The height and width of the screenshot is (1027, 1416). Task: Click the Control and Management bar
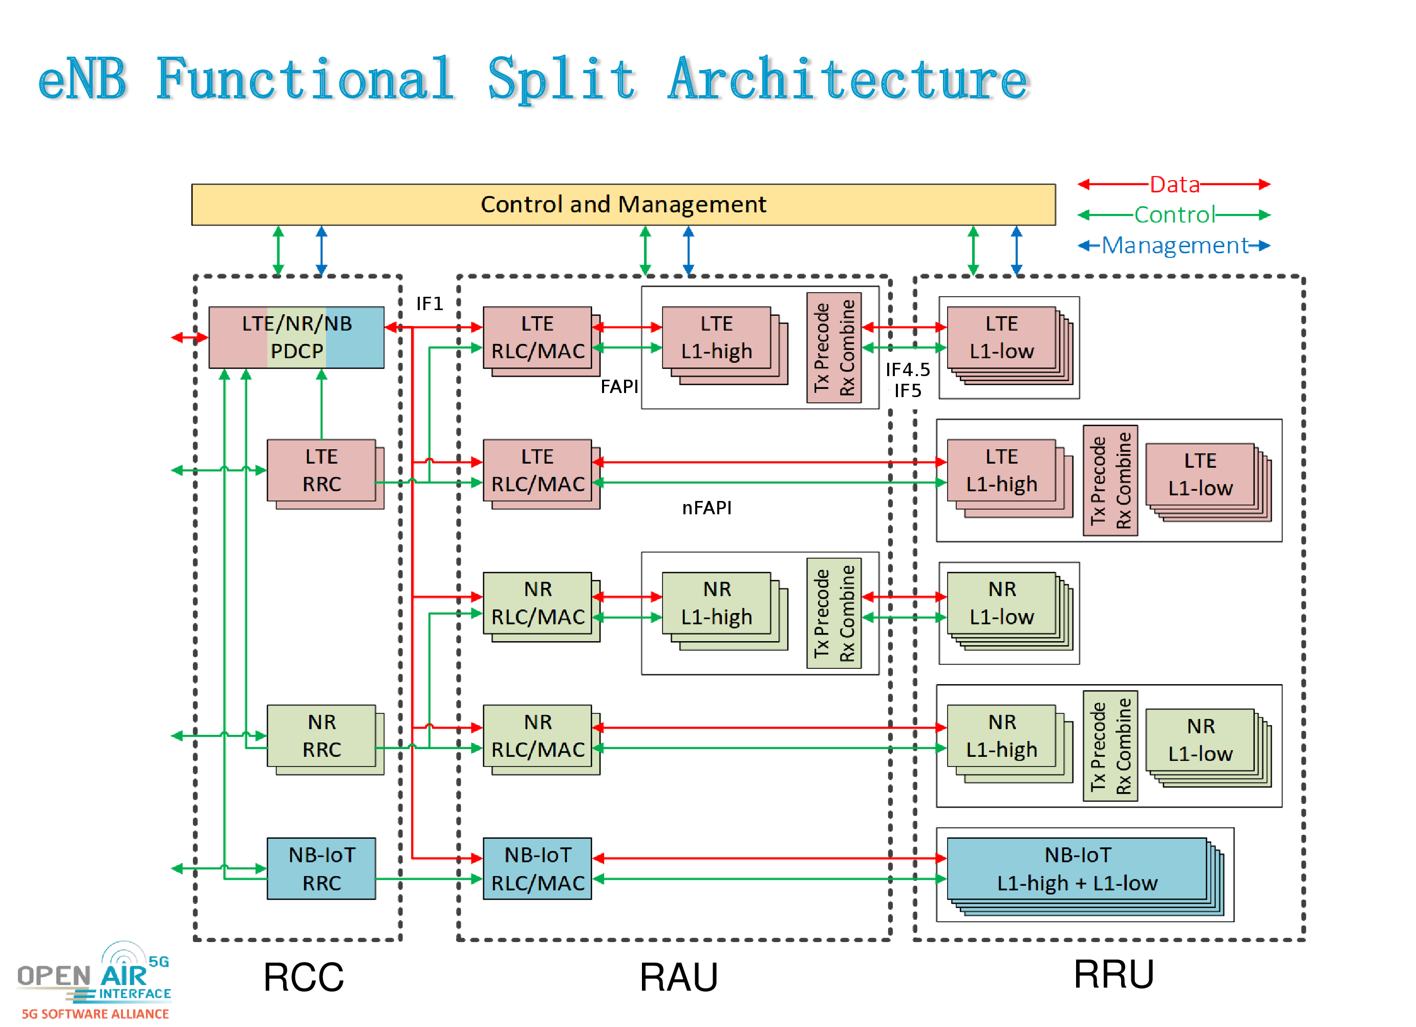[x=623, y=205]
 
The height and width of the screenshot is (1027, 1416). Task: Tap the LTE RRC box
[x=321, y=470]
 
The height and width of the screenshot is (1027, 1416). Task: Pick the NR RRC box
[x=321, y=736]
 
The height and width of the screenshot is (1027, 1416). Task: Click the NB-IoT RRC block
[x=321, y=868]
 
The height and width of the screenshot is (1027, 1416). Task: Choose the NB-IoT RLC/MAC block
[x=538, y=868]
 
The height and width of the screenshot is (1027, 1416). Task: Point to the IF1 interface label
[x=430, y=304]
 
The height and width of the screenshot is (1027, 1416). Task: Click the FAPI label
[x=619, y=387]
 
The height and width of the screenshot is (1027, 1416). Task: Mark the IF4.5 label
[x=908, y=370]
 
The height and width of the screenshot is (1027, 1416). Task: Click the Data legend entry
[x=1174, y=185]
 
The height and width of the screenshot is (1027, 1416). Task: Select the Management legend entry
[x=1174, y=245]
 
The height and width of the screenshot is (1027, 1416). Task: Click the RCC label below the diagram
[x=304, y=977]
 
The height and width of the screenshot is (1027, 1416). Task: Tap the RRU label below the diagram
[x=1113, y=974]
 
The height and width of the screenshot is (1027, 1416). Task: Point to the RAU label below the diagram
[x=679, y=977]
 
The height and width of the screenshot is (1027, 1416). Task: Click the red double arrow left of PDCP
[x=189, y=338]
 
